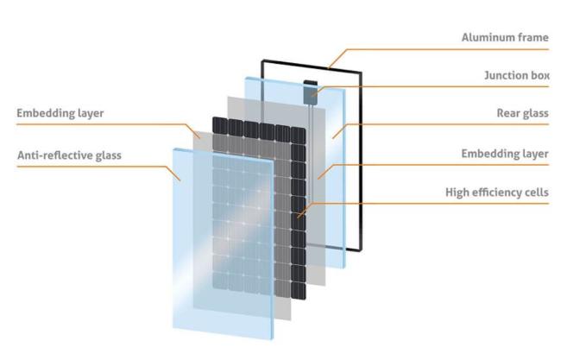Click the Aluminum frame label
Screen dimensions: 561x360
pyautogui.click(x=505, y=37)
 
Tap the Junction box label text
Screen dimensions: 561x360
pyautogui.click(x=517, y=75)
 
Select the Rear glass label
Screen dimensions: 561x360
pyautogui.click(x=522, y=113)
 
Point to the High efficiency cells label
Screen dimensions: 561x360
pyautogui.click(x=497, y=193)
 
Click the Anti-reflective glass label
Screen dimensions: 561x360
pyautogui.click(x=69, y=155)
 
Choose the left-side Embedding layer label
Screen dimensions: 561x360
pyautogui.click(x=60, y=113)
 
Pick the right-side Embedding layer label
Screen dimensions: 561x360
pyautogui.click(x=505, y=154)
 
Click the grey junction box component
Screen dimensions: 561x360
pyautogui.click(x=310, y=92)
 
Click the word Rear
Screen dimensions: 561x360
pyautogui.click(x=507, y=113)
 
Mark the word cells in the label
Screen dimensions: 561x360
pyautogui.click(x=538, y=193)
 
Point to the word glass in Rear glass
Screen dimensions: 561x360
pyautogui.click(x=534, y=113)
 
